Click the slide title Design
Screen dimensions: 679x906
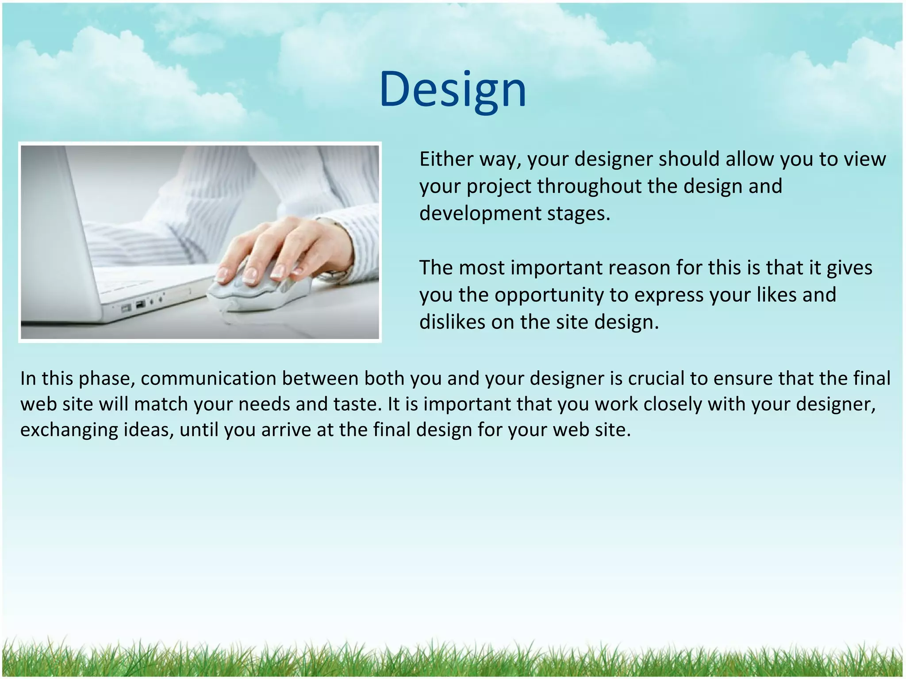tap(453, 90)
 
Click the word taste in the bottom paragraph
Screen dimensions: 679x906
tap(357, 404)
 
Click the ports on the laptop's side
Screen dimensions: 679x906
tap(142, 304)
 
